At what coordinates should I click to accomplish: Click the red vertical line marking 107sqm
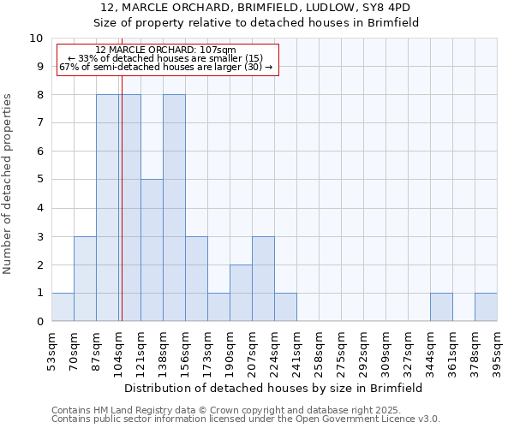pos(122,214)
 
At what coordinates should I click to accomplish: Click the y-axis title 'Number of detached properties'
pos(8,184)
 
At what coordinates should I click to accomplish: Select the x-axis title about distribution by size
pos(273,388)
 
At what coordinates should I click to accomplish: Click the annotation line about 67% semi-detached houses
pos(165,67)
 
